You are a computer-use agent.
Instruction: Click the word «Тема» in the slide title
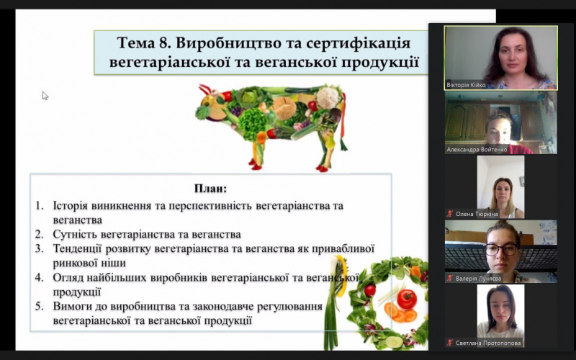pos(136,43)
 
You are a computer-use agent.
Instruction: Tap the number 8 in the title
pos(165,43)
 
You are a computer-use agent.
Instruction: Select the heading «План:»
pos(210,189)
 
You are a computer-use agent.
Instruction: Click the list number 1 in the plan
pos(39,205)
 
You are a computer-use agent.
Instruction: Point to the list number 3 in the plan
pos(39,248)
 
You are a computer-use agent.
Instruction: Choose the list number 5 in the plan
pos(39,306)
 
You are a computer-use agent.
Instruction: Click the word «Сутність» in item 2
pos(75,234)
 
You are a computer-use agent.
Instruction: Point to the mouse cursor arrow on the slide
pos(45,96)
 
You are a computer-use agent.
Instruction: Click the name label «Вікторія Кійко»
pos(466,85)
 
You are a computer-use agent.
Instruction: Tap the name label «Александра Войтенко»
pos(477,150)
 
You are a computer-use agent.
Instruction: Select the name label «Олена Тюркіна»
pos(477,214)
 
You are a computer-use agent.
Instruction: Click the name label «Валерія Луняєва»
pos(478,279)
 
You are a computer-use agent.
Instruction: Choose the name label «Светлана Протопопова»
pos(488,343)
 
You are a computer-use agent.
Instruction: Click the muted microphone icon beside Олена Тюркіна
pos(450,213)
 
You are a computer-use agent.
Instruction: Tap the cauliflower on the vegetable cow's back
pos(328,97)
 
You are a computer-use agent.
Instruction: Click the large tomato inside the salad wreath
pos(407,299)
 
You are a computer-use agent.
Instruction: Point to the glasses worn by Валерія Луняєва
pos(502,249)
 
